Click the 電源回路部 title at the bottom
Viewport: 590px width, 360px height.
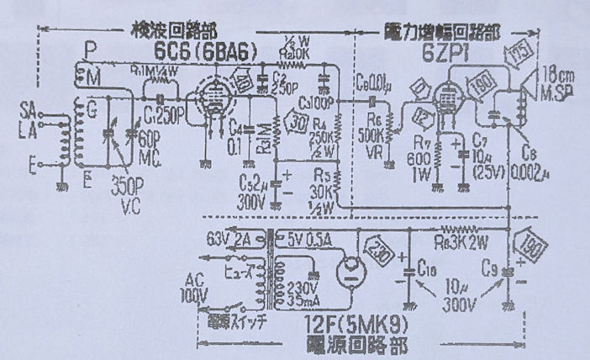[x=345, y=345]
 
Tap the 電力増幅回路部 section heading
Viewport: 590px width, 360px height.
[x=442, y=28]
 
